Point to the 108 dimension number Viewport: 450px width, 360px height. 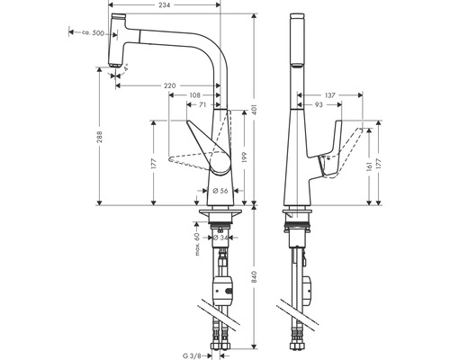[x=193, y=96]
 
